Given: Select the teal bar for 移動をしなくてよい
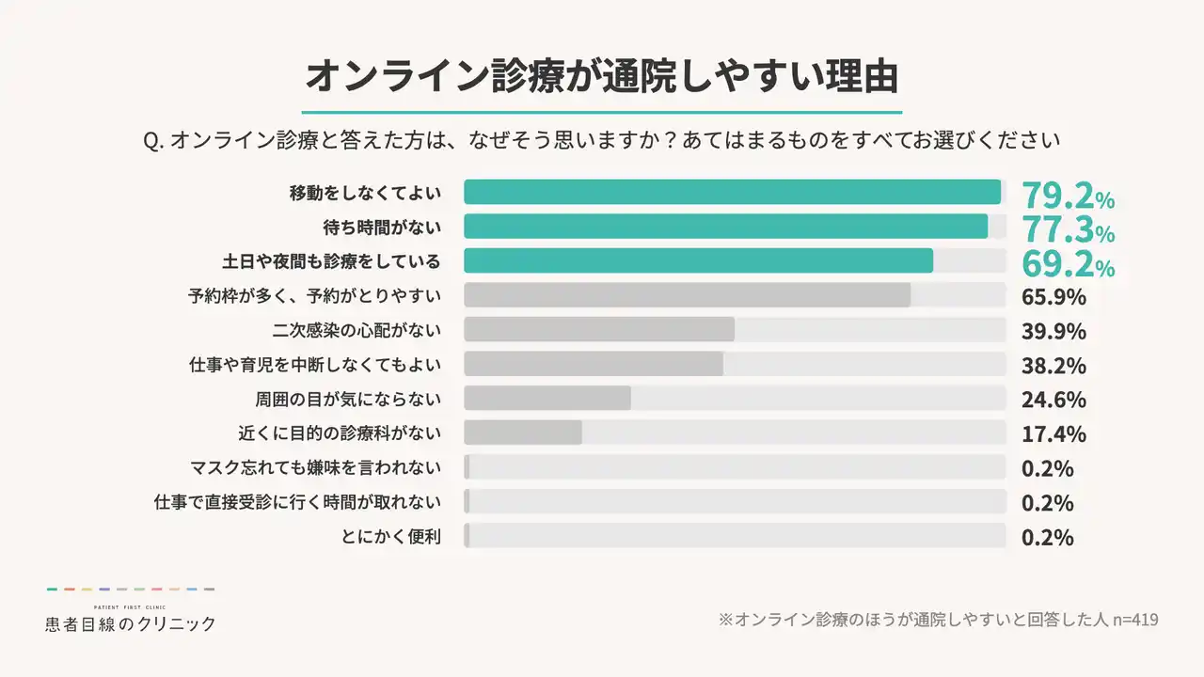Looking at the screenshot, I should (732, 192).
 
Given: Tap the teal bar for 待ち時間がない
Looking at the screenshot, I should (725, 227).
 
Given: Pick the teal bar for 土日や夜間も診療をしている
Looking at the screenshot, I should (698, 260).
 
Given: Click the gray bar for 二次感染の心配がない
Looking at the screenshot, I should (599, 329).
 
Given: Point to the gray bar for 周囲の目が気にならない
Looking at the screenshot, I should (547, 398).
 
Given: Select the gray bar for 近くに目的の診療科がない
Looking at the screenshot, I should (523, 433).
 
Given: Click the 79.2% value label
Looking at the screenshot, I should (1068, 196).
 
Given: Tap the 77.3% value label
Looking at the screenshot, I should (1068, 229).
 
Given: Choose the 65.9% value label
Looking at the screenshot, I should (1053, 297).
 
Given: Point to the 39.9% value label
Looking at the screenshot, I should (1053, 331).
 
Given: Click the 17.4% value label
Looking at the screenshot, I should (1053, 433).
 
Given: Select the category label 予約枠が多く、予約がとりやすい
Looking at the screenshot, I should (314, 296).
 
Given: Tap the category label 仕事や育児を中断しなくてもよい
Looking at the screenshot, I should (315, 364).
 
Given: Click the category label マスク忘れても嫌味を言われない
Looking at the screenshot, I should (315, 467).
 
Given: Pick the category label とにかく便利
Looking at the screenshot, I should (392, 537).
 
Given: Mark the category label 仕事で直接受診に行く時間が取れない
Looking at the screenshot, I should (297, 502).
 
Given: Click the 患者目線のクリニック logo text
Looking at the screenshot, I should (131, 623).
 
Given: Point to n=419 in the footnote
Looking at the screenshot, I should (1135, 620).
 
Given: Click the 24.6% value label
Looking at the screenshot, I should (1053, 400).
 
